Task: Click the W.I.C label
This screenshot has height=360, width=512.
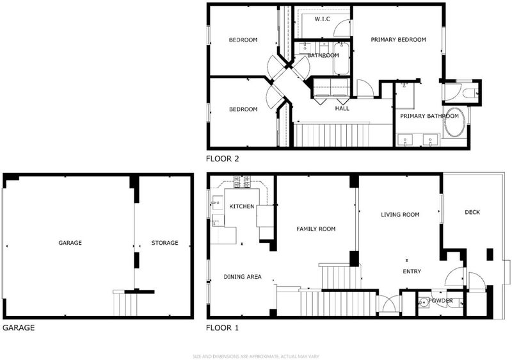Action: [x=323, y=19]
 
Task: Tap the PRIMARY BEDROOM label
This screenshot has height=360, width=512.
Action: [x=398, y=40]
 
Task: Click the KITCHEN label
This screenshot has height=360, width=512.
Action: [x=242, y=206]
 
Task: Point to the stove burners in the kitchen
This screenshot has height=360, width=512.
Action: [x=242, y=182]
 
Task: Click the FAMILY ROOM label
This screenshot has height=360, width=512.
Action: [x=316, y=229]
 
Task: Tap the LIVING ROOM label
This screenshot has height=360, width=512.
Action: [x=400, y=215]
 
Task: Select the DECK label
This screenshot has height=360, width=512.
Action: [x=472, y=212]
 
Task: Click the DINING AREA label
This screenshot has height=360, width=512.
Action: [x=243, y=277]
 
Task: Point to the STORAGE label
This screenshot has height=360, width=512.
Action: [x=164, y=243]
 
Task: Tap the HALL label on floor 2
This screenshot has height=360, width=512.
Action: [x=342, y=108]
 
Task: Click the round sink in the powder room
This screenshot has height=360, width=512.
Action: [x=424, y=302]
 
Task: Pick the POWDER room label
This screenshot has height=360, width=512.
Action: [x=440, y=300]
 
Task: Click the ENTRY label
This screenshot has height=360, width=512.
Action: [x=412, y=271]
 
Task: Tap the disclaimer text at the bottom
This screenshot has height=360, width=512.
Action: [x=256, y=356]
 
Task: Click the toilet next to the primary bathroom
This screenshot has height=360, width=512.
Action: [x=470, y=92]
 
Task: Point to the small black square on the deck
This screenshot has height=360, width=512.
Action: [x=490, y=254]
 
